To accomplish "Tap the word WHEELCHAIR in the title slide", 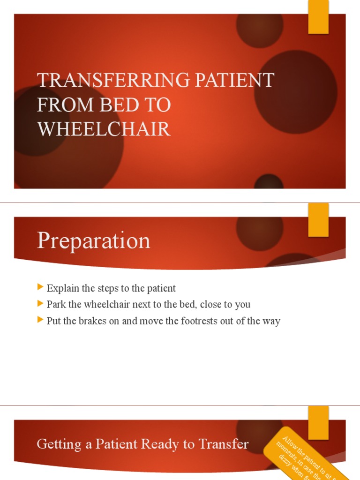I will (x=104, y=129).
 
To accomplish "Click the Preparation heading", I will (x=93, y=241).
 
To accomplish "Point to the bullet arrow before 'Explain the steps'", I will (x=40, y=288).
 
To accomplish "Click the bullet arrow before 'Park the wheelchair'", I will (x=40, y=304).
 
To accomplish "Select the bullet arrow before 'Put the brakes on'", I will (x=40, y=321).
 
